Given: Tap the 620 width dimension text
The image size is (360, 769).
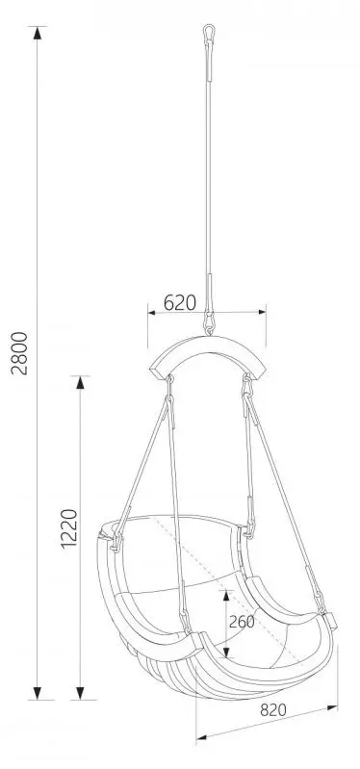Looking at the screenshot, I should point(180,302).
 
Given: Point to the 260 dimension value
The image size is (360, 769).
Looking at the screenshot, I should point(242,621).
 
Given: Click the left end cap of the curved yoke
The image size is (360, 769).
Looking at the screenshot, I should point(156,370).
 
